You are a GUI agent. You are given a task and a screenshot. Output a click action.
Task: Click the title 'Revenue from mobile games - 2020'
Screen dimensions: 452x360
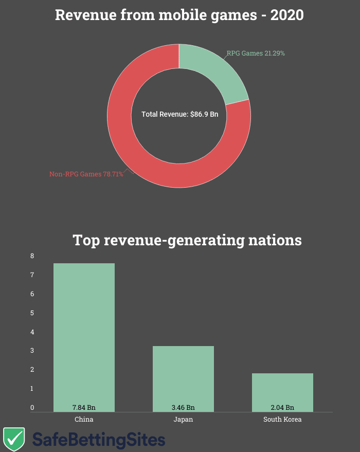tap(179, 15)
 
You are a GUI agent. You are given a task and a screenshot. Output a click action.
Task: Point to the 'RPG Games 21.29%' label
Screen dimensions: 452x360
tap(256, 53)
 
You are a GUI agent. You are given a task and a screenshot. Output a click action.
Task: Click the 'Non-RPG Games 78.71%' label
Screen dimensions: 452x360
tap(86, 174)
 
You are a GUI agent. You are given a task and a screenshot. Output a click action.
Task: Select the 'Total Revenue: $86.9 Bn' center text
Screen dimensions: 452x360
tap(179, 114)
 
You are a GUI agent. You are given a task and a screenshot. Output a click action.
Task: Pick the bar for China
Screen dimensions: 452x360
tap(84, 334)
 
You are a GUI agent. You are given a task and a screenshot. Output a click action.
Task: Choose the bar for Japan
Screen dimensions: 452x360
tap(183, 375)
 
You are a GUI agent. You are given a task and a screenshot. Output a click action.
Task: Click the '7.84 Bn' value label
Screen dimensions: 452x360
tap(84, 407)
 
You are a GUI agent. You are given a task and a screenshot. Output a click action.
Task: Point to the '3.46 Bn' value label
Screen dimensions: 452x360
tap(183, 407)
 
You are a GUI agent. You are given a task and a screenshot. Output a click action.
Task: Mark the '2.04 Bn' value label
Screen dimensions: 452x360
tap(282, 407)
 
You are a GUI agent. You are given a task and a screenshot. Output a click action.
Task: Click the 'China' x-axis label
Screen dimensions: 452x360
tap(84, 419)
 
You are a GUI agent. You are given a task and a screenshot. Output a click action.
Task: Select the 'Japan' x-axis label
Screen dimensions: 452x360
tap(183, 419)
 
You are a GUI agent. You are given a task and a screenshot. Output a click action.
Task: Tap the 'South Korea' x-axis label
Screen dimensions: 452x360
tap(282, 419)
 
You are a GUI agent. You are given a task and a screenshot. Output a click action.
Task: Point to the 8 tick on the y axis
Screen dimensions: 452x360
tap(32, 256)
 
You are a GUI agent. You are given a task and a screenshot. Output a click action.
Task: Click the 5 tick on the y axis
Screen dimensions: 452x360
tap(32, 313)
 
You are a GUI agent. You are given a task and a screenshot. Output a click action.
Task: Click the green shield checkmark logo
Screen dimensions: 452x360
tap(14, 439)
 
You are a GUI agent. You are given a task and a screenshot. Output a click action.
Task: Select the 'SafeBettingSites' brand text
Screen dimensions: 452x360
tap(99, 440)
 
